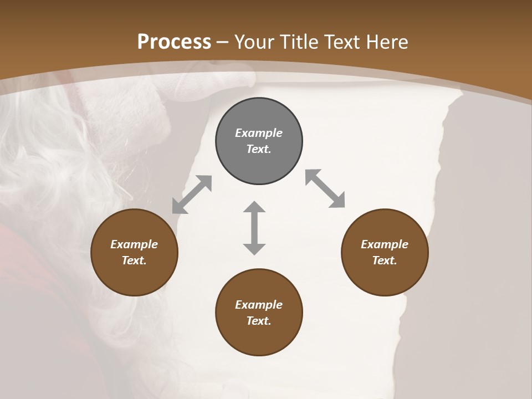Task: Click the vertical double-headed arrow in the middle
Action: (254, 228)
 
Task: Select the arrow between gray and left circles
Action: (192, 195)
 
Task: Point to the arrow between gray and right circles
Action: (325, 188)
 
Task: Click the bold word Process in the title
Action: (174, 42)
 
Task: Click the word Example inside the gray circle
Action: (259, 133)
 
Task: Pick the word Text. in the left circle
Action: (134, 260)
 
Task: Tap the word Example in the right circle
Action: (385, 244)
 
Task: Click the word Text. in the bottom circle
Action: (259, 321)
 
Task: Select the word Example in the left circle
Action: (134, 244)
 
